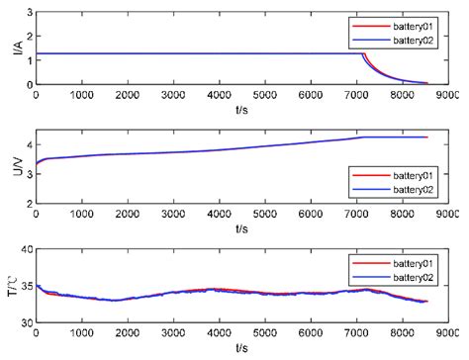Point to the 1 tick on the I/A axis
coord(28,59)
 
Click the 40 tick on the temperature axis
coord(25,250)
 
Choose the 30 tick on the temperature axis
coord(25,322)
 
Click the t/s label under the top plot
coord(240,108)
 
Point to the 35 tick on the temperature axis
coord(25,287)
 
